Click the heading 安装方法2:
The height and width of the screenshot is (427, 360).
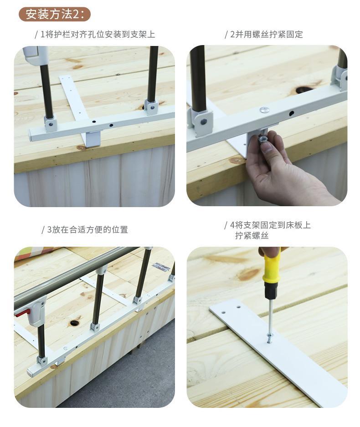click(x=55, y=14)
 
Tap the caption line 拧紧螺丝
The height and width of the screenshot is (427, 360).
click(x=252, y=235)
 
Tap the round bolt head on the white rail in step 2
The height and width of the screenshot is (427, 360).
click(x=263, y=110)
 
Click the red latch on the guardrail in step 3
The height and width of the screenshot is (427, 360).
click(x=21, y=314)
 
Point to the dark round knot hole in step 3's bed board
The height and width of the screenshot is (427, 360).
click(x=74, y=323)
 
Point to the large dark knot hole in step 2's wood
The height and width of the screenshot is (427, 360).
click(x=302, y=89)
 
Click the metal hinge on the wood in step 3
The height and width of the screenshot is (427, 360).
click(x=159, y=266)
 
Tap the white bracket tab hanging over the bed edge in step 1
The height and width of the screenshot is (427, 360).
click(x=92, y=139)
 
